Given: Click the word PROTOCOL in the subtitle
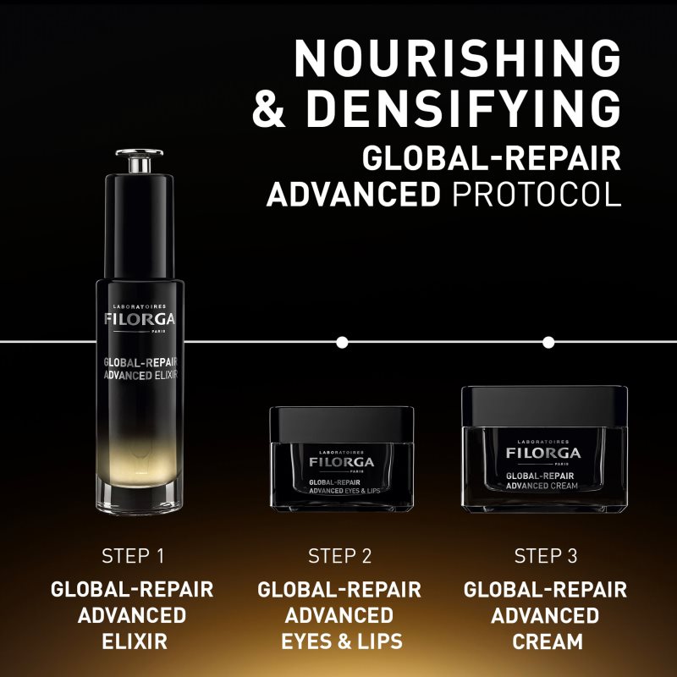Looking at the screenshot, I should [537, 193].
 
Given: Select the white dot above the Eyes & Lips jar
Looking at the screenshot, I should [342, 343].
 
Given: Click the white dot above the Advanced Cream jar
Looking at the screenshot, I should [548, 343].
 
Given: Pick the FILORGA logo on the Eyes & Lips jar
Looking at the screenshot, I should [341, 463].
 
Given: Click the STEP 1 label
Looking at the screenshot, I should [132, 556].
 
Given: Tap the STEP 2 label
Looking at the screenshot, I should [339, 556].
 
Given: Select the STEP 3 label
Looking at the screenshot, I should [546, 556].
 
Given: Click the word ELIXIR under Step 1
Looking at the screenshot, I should [132, 641].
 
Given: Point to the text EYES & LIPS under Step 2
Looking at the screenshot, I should [339, 641].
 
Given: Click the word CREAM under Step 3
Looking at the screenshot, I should [546, 641].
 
